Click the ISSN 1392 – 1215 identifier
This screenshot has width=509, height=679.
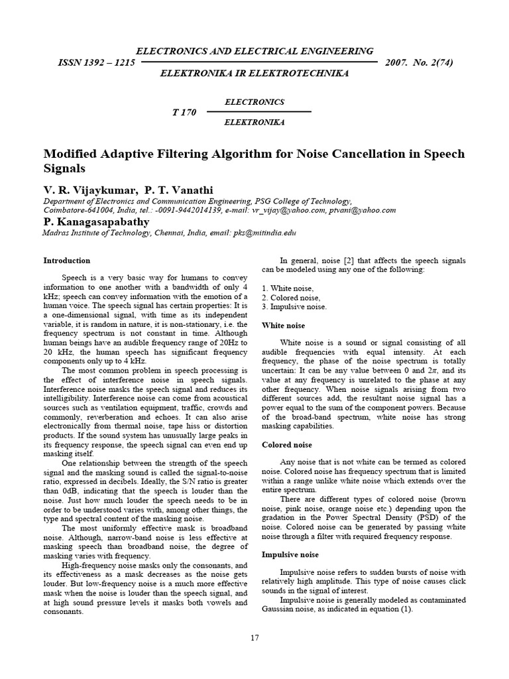tap(97, 63)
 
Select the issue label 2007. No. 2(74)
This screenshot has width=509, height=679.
tap(418, 63)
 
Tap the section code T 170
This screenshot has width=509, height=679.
tap(184, 112)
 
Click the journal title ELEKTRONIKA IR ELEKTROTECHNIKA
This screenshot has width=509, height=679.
tap(254, 73)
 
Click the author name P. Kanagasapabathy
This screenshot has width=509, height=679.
tap(96, 221)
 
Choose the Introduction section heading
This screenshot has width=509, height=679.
tap(66, 261)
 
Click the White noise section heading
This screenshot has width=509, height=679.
tap(284, 326)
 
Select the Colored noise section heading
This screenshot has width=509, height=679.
tap(287, 445)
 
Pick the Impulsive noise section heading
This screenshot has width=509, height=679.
tap(290, 554)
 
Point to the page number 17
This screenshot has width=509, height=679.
tap(254, 638)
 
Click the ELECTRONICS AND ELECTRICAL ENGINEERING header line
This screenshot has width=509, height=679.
tap(254, 51)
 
